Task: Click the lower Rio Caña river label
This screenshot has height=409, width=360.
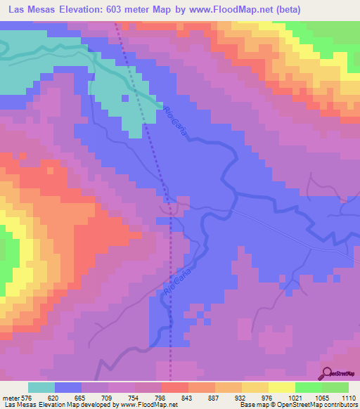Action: coord(169,280)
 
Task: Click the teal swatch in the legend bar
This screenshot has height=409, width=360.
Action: coord(41,387)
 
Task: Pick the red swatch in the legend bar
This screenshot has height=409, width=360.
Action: coord(175,387)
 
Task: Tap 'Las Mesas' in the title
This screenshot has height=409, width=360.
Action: coord(31,10)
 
